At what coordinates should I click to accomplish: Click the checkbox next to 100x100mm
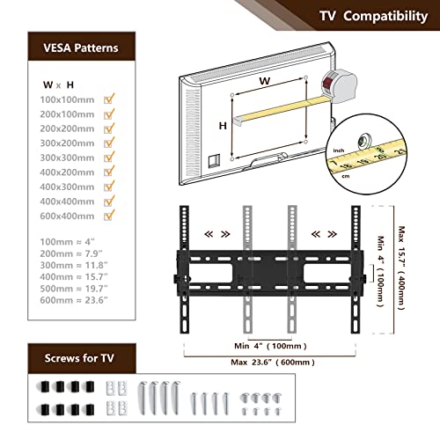click(x=109, y=99)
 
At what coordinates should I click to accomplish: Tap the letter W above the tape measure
click(x=264, y=81)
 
